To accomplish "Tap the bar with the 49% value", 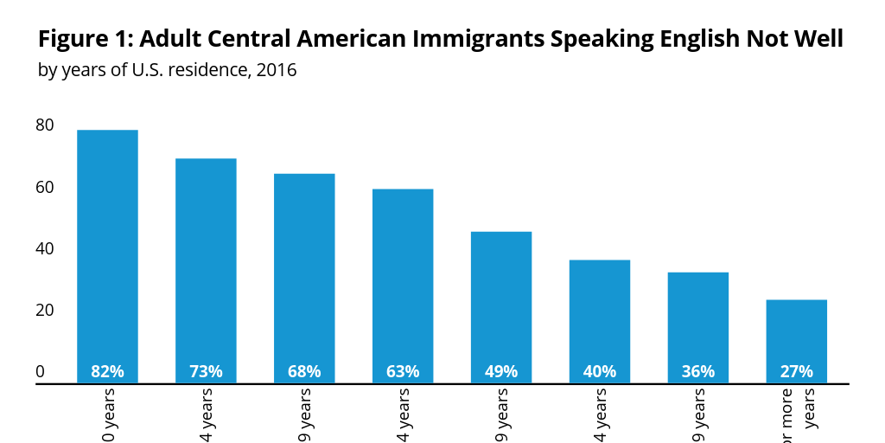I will click(501, 306).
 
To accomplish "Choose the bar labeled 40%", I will click(600, 320).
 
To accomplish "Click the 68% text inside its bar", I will click(304, 372).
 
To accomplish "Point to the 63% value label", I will click(403, 372).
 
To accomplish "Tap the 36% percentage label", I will click(697, 372).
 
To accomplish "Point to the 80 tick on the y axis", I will click(45, 125).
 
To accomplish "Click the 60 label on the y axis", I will click(45, 187).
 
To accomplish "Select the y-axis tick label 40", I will click(45, 249).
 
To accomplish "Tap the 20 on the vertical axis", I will click(45, 311).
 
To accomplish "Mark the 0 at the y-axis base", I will click(40, 372).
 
